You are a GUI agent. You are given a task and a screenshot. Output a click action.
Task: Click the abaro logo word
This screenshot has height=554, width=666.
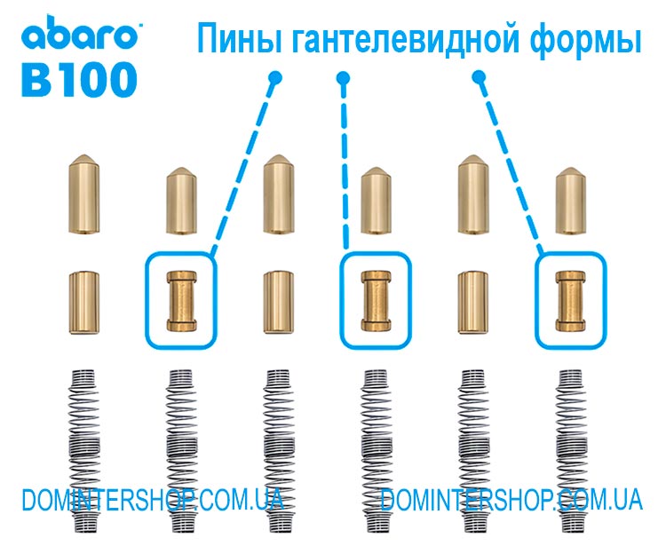coord(80,33)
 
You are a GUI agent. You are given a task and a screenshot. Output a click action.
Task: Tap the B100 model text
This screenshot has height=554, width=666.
coord(79,79)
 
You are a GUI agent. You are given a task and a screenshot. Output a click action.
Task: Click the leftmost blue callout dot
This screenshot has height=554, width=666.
coord(274,78)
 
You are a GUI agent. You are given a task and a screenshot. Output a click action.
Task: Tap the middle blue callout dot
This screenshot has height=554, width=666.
coord(343,78)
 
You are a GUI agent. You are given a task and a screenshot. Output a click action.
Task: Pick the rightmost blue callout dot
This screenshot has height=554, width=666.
coord(480,77)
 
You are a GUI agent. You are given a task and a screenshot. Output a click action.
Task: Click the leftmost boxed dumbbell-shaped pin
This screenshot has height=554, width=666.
coord(181,301)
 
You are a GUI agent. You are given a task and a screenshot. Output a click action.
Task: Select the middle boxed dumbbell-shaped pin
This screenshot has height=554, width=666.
coord(376,301)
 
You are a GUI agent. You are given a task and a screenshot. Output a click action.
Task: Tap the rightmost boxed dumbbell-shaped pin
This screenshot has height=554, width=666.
coord(570,301)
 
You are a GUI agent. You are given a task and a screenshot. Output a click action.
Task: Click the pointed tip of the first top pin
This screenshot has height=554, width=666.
coord(84,155)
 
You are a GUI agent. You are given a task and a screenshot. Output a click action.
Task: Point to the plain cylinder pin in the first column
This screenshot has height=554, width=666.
coord(84,302)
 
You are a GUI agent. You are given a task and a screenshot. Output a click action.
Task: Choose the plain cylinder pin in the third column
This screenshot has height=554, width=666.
coord(279,302)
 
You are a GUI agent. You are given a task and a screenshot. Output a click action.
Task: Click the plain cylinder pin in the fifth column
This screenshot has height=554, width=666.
coord(472,302)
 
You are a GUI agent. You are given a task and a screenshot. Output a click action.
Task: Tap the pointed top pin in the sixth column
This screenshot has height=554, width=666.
coord(570,201)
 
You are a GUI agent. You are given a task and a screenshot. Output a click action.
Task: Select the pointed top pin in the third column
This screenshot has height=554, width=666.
coord(279,194)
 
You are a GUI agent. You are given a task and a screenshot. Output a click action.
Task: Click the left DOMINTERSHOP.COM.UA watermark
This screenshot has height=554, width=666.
coord(153,500)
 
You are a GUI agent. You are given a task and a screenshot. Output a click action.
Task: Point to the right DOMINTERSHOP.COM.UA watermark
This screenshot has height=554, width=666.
coord(511,500)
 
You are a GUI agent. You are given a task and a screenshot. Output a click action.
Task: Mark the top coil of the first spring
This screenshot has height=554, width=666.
coord(84,373)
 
